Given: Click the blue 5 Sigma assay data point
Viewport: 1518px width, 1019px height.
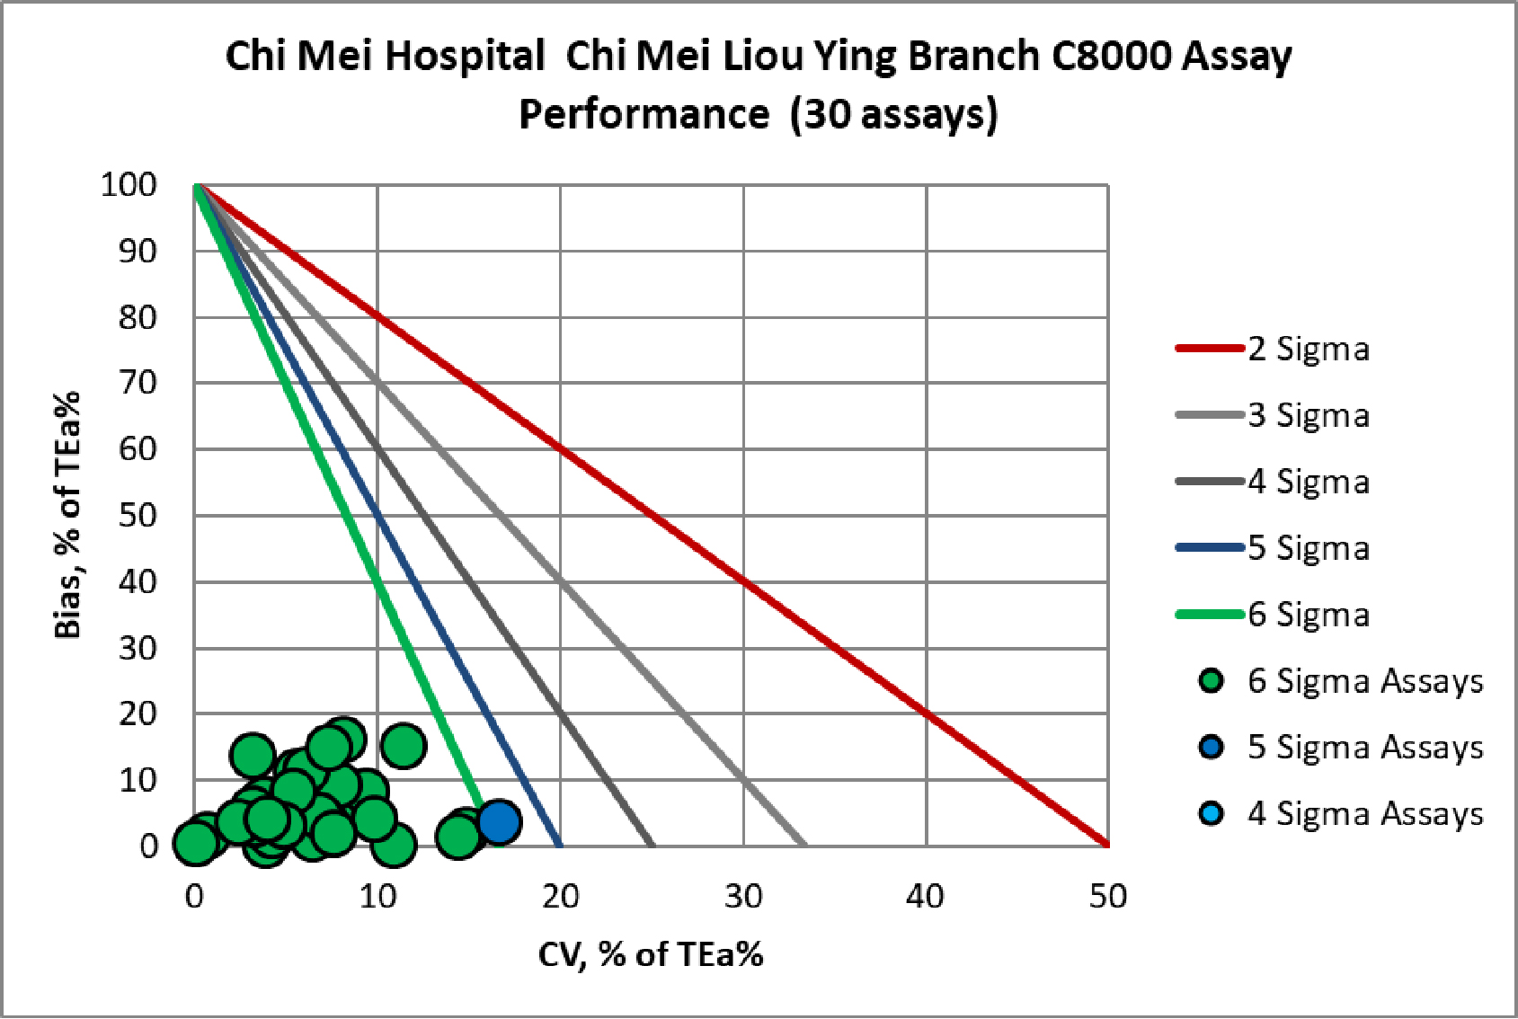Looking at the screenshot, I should click(499, 820).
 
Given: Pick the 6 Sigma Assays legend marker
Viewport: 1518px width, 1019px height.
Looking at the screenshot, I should click(1212, 681).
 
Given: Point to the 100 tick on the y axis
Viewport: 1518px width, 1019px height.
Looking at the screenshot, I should click(129, 185).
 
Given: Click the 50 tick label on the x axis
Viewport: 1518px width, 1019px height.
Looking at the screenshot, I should click(1107, 896).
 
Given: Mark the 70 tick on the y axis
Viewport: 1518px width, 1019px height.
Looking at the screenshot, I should click(138, 383).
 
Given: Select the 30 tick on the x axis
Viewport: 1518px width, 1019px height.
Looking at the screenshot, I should click(743, 896).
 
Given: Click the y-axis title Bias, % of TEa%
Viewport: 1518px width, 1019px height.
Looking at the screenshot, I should click(68, 515).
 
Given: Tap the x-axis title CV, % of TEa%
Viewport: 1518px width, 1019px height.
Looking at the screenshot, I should click(651, 954).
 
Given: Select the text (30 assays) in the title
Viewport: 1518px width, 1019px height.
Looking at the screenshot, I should click(894, 114).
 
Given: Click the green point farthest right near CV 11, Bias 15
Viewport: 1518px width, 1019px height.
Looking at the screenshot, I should click(404, 745).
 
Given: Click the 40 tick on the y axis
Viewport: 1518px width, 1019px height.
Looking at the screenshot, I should click(138, 581).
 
